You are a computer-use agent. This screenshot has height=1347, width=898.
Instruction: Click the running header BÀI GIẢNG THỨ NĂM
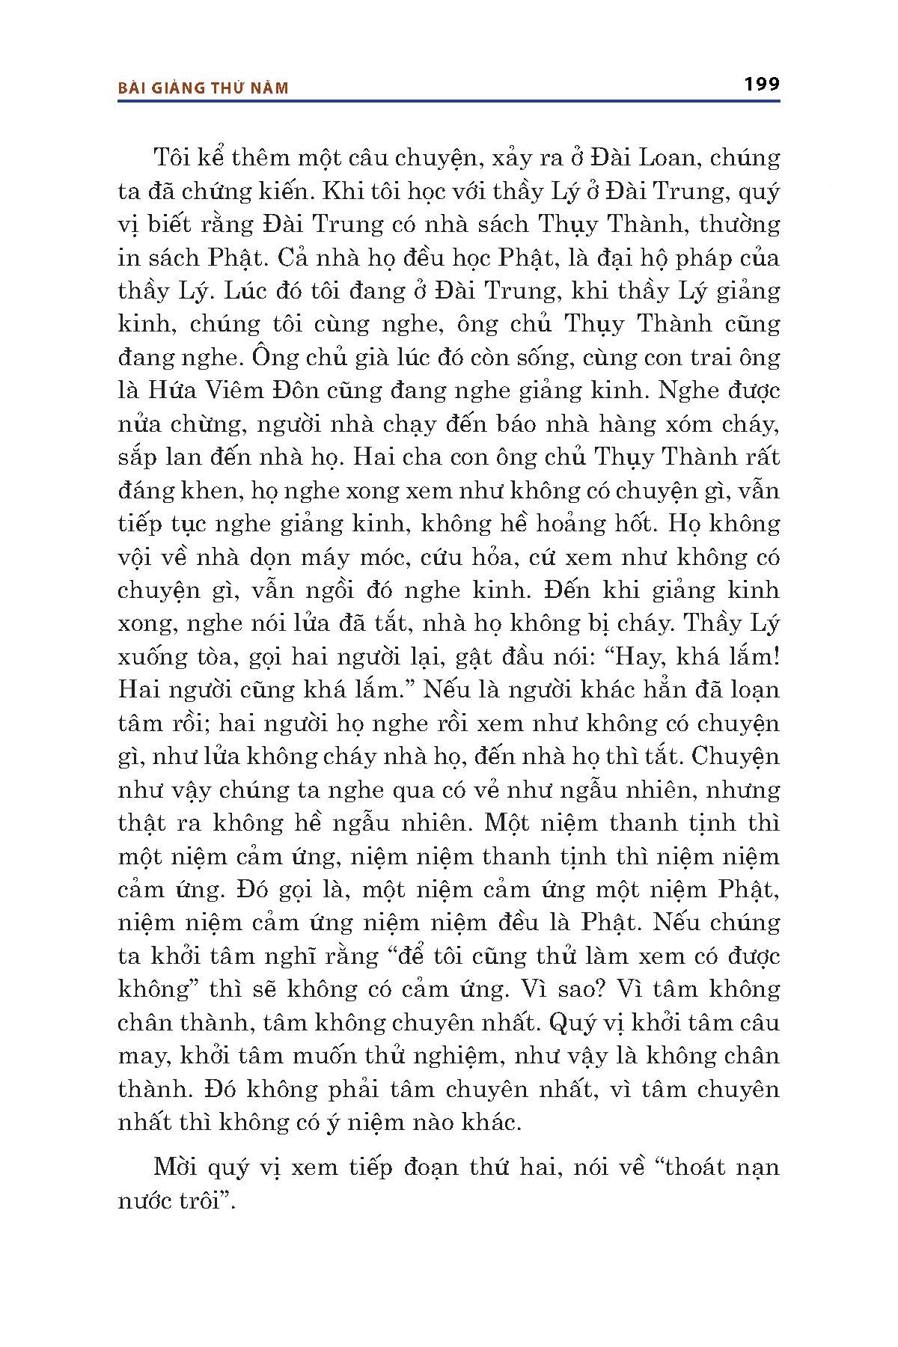204,88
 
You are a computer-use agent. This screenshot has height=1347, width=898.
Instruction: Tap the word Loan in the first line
651,158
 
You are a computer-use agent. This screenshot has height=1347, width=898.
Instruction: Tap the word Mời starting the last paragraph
174,1167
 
